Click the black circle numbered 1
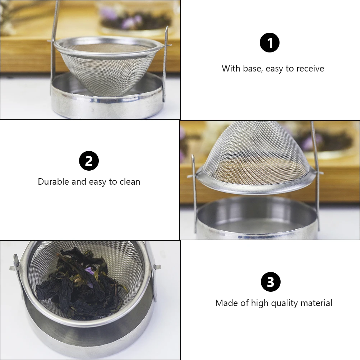tap(269, 43)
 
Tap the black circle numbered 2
tap(89, 161)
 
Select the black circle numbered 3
tap(270, 282)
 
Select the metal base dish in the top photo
tap(108, 104)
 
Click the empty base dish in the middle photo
tap(257, 219)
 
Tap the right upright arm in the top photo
tap(166, 65)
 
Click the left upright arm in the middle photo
tap(194, 194)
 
